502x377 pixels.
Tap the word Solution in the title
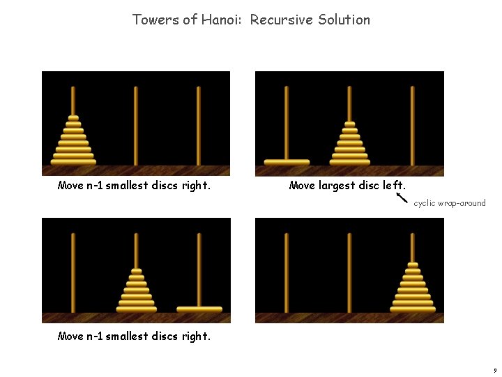click(x=344, y=20)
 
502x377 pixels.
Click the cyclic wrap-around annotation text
click(x=449, y=203)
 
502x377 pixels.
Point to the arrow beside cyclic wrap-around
click(x=402, y=198)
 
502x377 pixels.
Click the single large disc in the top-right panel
click(x=287, y=162)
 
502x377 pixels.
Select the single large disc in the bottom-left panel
click(x=199, y=309)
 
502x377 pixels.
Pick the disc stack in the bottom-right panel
click(x=413, y=290)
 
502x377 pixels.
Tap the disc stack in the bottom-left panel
click(x=136, y=290)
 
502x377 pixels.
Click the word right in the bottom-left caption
click(x=195, y=337)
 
